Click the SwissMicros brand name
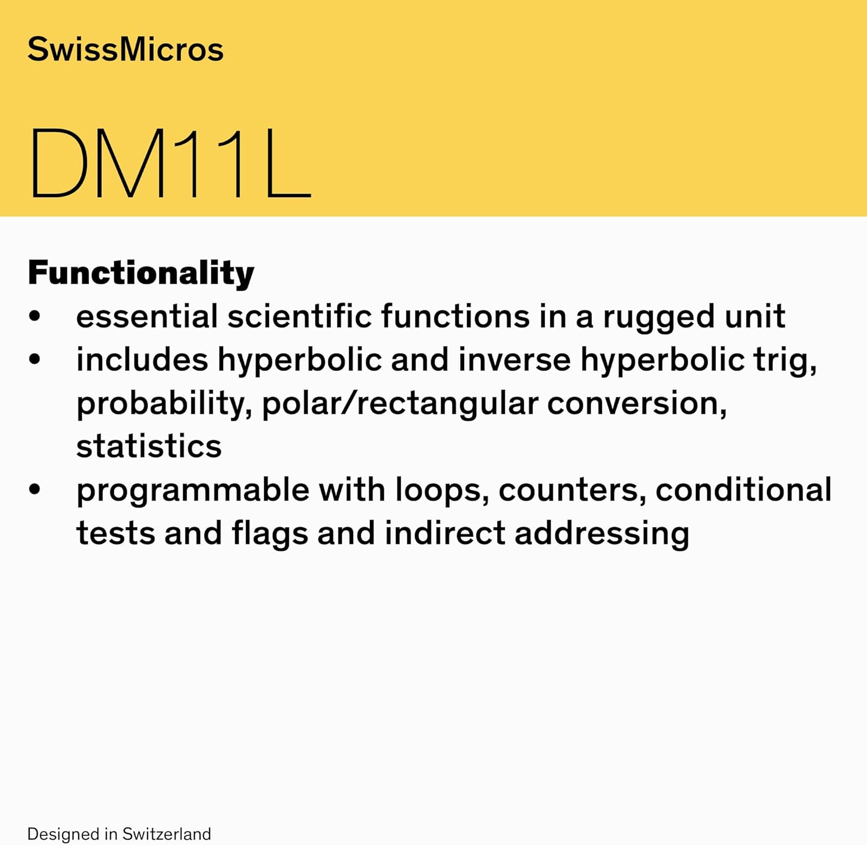tap(125, 49)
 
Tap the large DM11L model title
tap(170, 164)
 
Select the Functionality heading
tap(141, 273)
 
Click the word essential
tap(147, 317)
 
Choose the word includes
tap(142, 360)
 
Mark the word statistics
tap(149, 447)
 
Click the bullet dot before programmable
tap(35, 490)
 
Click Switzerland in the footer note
tap(166, 834)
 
